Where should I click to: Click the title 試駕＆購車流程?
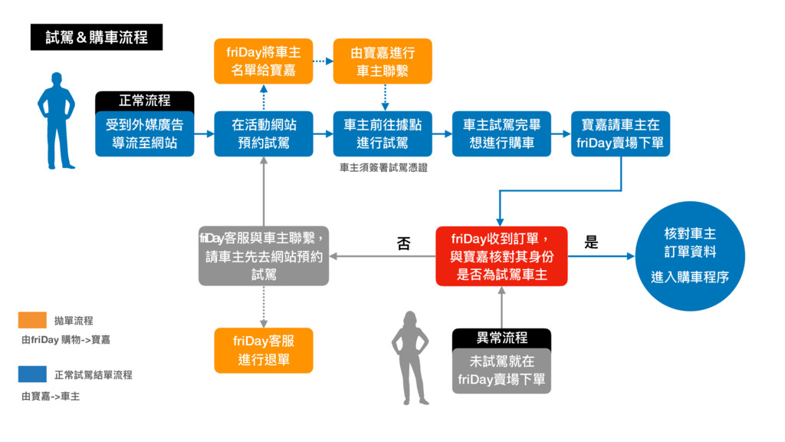[x=97, y=37]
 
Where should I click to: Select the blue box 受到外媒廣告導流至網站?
[x=145, y=134]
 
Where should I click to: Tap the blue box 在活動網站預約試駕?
[x=264, y=134]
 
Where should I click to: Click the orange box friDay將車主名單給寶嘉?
[x=264, y=61]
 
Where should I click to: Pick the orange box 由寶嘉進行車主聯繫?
[x=383, y=61]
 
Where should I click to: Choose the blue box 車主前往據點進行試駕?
[x=383, y=134]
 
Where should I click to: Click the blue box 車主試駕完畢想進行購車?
[x=502, y=134]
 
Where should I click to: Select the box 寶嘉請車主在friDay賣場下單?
[x=621, y=134]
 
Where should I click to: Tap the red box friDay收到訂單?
[x=502, y=256]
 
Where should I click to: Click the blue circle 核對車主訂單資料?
[x=690, y=256]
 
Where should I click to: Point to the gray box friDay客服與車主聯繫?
[x=264, y=256]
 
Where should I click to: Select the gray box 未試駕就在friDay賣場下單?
[x=502, y=371]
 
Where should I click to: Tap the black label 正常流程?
[x=145, y=101]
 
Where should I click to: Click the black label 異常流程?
[x=502, y=338]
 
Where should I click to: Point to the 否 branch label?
[x=404, y=244]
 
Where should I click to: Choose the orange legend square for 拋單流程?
[x=32, y=320]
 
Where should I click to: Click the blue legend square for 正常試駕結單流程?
[x=32, y=374]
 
